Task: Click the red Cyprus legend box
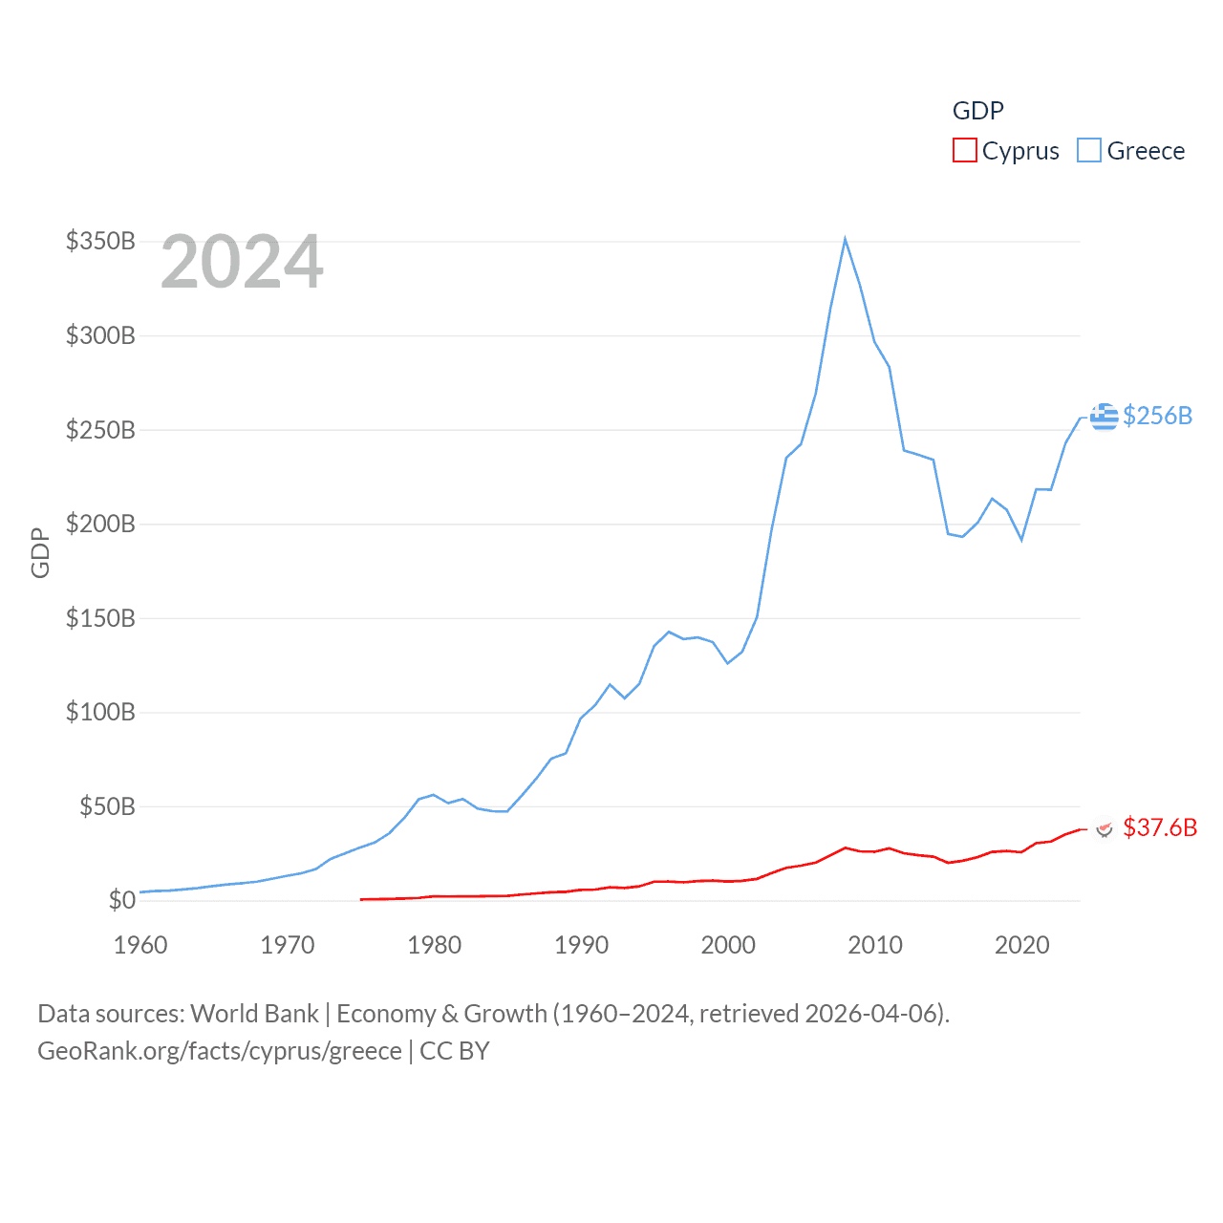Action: pyautogui.click(x=965, y=151)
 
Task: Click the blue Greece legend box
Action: pyautogui.click(x=1089, y=151)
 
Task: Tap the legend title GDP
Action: pyautogui.click(x=977, y=111)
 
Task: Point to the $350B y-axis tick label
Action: pyautogui.click(x=100, y=241)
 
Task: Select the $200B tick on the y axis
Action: pyautogui.click(x=100, y=524)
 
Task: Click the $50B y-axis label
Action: pyautogui.click(x=107, y=806)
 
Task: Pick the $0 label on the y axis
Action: pyautogui.click(x=121, y=900)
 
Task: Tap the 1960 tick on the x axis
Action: pyautogui.click(x=140, y=945)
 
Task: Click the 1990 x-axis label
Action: pyautogui.click(x=581, y=945)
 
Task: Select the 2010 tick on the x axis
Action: pyautogui.click(x=875, y=945)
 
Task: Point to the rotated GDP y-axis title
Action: pyautogui.click(x=40, y=552)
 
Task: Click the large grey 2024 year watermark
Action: pyautogui.click(x=242, y=262)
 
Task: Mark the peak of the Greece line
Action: pyautogui.click(x=846, y=239)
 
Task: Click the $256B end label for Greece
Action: pyautogui.click(x=1157, y=416)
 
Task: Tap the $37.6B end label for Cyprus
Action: pyautogui.click(x=1160, y=827)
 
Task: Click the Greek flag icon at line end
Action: pyautogui.click(x=1105, y=417)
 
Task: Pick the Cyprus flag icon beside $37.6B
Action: pyautogui.click(x=1105, y=828)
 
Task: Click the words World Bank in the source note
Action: pyautogui.click(x=254, y=1014)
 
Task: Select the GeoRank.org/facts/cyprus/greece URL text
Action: pyautogui.click(x=220, y=1051)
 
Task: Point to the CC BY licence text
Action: pyautogui.click(x=455, y=1051)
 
